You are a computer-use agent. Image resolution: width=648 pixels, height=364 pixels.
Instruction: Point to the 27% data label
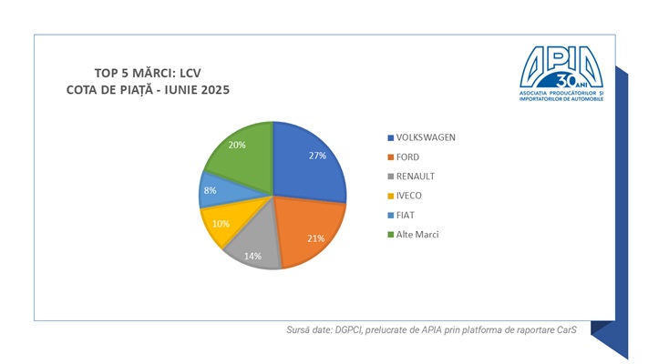point(317,156)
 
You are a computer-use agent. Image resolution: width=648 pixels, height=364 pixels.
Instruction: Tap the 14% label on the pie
point(252,257)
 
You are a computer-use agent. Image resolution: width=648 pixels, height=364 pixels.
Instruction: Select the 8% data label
point(211,191)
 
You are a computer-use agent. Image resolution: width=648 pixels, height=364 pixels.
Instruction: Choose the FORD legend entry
point(407,157)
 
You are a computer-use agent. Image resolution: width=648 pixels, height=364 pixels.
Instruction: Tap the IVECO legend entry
point(409,195)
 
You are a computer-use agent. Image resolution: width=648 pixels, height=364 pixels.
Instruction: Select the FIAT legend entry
point(406,214)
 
